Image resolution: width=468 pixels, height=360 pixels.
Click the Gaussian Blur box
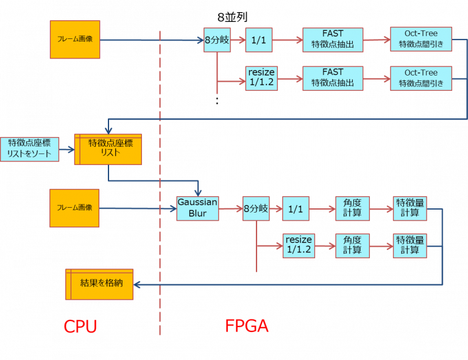[197, 208]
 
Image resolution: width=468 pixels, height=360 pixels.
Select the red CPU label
[80, 326]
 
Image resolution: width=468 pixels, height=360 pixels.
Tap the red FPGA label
[247, 326]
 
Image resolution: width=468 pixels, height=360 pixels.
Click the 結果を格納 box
[99, 284]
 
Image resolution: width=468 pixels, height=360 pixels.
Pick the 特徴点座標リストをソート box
[29, 149]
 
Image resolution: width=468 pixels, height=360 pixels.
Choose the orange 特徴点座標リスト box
[108, 149]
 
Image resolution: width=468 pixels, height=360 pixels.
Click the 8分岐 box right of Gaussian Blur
[255, 209]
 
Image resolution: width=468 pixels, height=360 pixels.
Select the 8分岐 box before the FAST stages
[216, 40]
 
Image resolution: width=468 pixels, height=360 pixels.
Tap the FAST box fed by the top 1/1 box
[332, 40]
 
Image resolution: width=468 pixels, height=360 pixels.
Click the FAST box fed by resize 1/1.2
[332, 79]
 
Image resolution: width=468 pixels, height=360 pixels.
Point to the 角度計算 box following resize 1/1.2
[352, 245]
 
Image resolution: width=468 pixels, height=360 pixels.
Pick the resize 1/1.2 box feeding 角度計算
[299, 245]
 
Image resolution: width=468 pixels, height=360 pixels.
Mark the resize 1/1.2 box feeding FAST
[261, 79]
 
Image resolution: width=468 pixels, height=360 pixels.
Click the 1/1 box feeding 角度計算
[296, 209]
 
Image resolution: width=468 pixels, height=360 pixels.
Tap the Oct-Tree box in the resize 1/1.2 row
[421, 79]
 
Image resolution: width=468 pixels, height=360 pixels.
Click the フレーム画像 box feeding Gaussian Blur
[74, 208]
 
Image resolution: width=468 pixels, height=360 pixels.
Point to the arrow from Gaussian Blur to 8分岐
[230, 209]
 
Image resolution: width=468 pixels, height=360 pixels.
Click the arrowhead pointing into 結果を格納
[137, 284]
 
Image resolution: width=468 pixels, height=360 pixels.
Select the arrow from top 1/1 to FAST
[287, 40]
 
